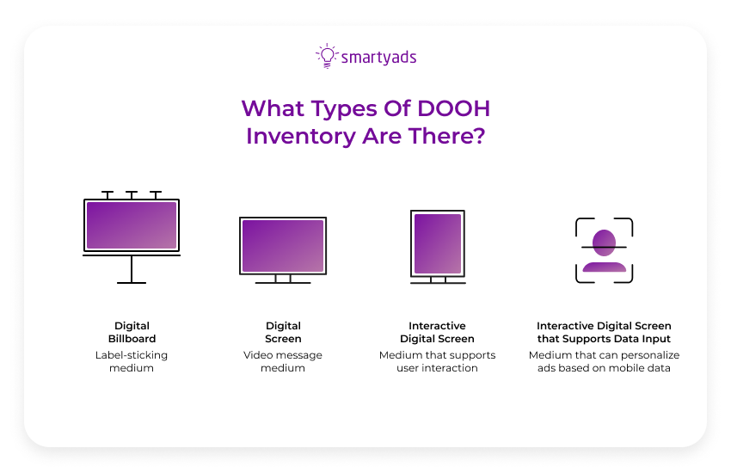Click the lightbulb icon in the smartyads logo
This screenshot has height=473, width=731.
click(326, 56)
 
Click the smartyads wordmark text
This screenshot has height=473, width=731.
click(378, 58)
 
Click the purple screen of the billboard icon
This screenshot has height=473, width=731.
click(132, 225)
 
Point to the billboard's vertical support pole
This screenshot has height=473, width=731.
click(132, 269)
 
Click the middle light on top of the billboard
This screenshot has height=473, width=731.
click(132, 194)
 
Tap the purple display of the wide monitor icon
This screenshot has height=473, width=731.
click(283, 245)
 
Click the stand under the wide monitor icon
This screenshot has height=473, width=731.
click(283, 279)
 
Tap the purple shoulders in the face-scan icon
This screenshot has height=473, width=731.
click(604, 266)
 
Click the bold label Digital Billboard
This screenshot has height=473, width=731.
click(132, 332)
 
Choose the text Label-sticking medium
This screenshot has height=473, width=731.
click(132, 361)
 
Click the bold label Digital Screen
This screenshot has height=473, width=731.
click(283, 332)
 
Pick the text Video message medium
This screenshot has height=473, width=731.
click(283, 361)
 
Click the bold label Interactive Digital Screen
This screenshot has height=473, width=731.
click(437, 332)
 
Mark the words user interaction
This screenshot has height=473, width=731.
click(437, 368)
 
